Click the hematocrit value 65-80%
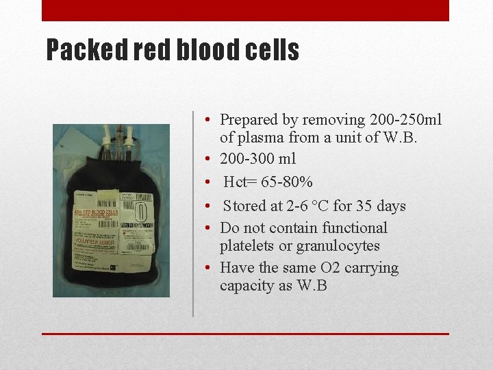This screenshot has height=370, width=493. [287, 182]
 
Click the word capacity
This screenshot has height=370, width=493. [247, 286]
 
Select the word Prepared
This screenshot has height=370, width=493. [250, 120]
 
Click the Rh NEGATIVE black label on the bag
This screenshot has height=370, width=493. [138, 225]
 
